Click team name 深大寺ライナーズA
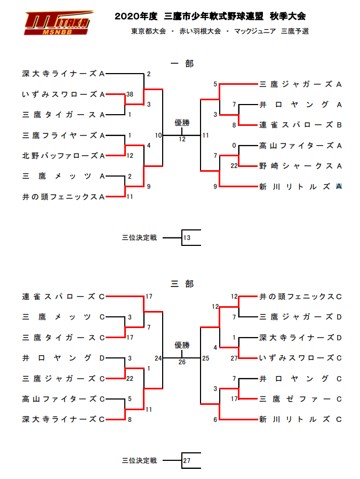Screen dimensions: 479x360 click(62, 74)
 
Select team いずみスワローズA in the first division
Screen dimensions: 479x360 click(62, 94)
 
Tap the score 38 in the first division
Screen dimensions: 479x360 click(130, 94)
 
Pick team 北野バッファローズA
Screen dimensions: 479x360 click(62, 156)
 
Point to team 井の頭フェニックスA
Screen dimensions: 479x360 click(62, 197)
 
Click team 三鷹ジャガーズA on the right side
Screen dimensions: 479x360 click(300, 84)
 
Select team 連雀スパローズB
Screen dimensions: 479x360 click(300, 125)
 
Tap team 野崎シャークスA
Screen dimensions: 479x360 click(300, 166)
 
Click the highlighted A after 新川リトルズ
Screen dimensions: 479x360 click(339, 187)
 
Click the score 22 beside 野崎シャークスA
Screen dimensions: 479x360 click(234, 166)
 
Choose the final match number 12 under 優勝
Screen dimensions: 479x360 click(182, 139)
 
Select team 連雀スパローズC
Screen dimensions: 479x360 click(62, 297)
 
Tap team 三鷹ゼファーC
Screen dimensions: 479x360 click(300, 399)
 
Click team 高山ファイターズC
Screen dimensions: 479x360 click(62, 399)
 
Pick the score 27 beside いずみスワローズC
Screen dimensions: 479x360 click(234, 358)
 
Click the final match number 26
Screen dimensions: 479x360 click(182, 362)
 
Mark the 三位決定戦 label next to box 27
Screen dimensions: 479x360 click(139, 460)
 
